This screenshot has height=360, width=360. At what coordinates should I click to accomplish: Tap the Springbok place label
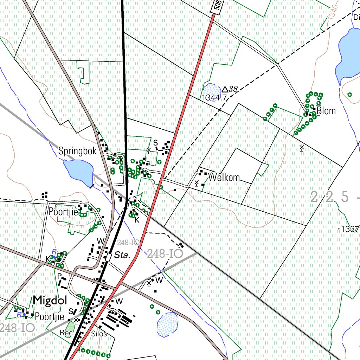coord(77,152)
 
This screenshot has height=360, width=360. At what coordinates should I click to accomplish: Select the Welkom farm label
coord(224,177)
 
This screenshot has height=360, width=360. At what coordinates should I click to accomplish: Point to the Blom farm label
coord(326,111)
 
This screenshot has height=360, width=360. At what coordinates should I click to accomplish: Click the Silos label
coord(99,334)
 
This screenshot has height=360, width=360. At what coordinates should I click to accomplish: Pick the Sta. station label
coord(122,255)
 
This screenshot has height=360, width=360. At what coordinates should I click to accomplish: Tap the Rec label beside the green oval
coord(66,333)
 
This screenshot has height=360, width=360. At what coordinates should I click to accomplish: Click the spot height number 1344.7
coord(214,97)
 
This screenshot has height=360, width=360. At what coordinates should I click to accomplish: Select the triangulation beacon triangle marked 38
coord(225,90)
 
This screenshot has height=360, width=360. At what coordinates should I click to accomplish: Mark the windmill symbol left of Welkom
coord(197,183)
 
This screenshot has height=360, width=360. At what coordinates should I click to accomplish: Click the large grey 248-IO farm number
coord(165,253)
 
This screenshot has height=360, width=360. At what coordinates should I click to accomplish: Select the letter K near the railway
coord(137,220)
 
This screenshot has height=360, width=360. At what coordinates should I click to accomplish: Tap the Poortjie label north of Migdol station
coord(63,212)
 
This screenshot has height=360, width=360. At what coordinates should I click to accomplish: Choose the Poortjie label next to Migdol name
coord(50,317)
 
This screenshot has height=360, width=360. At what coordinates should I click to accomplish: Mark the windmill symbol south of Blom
coord(302,148)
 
